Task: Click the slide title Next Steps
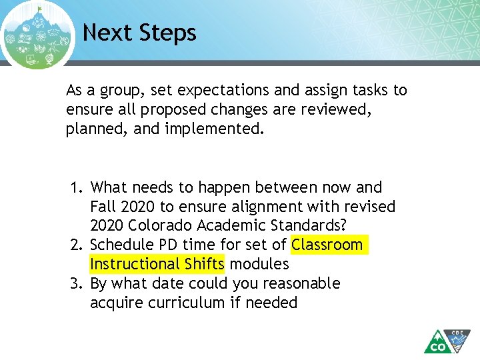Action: pos(139,33)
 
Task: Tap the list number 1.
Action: pos(76,188)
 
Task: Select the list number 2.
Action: pos(76,245)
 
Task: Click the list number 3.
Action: pos(76,284)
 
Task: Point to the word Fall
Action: pos(103,207)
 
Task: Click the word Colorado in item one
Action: pos(165,226)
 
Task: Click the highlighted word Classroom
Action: pos(327,245)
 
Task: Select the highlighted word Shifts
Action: pos(205,265)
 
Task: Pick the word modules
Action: pos(259,265)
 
